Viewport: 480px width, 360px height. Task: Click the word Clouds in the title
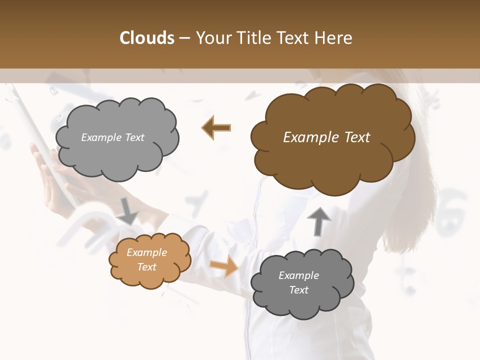pyautogui.click(x=147, y=38)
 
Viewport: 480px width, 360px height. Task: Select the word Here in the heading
pyautogui.click(x=333, y=38)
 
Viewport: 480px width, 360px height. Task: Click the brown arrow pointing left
pyautogui.click(x=217, y=127)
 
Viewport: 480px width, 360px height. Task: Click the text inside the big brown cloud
pyautogui.click(x=326, y=137)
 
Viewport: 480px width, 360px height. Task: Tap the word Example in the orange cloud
pyautogui.click(x=146, y=252)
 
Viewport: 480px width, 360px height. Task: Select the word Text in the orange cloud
pyautogui.click(x=146, y=267)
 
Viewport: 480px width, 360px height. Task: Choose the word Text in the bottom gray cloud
pyautogui.click(x=298, y=290)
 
